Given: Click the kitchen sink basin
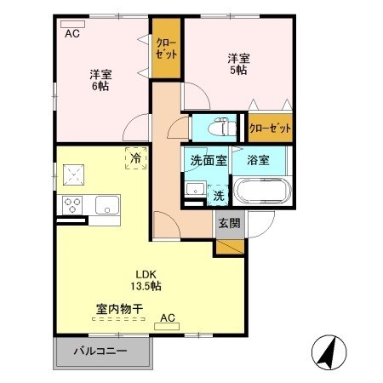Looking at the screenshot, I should coord(107,204).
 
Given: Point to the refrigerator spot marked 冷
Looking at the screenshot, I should coord(134,157).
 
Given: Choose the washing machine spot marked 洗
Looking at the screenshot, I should coord(219,195).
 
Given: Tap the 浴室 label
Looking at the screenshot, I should coord(258,160).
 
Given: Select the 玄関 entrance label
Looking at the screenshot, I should coord(228,224).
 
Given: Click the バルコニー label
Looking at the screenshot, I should coord(100,350).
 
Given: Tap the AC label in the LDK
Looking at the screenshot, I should coord(168,318).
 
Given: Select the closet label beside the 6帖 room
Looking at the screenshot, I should coord(167,48).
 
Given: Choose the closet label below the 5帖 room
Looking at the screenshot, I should coord(270,129).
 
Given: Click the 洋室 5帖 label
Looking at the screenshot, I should coord(237,66).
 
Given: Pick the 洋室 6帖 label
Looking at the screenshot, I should coord(101,79).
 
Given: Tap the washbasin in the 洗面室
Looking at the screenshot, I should coord(193,189).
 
